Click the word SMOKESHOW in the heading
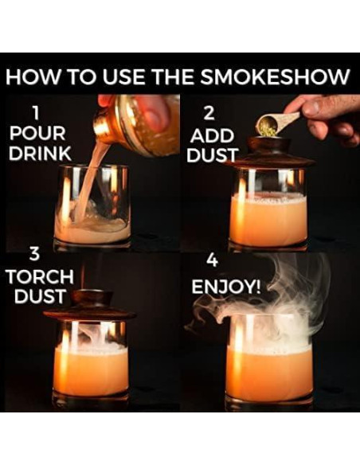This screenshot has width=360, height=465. point(285,78)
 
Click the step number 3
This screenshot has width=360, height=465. point(34,256)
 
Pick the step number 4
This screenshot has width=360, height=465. point(212,261)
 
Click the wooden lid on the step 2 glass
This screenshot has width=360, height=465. point(268,153)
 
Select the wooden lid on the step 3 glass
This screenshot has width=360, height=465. point(89,307)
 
